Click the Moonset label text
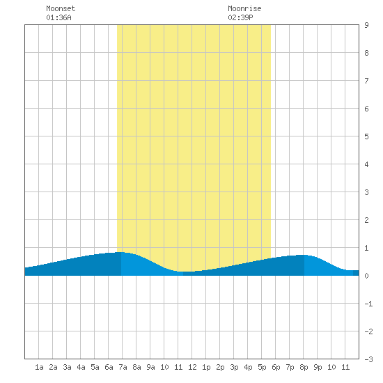click(x=61, y=8)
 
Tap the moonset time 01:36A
click(x=58, y=17)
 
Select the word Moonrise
click(x=244, y=8)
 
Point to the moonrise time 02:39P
click(x=240, y=17)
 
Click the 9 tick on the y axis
click(x=366, y=25)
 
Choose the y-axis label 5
click(x=366, y=136)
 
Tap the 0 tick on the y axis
click(x=366, y=276)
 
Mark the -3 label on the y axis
click(x=368, y=359)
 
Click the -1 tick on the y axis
click(x=368, y=304)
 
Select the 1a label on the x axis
click(x=39, y=367)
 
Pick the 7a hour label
click(x=123, y=367)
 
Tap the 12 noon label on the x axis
click(x=192, y=367)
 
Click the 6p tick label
click(x=276, y=367)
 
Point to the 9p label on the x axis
click(x=318, y=367)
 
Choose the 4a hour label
click(x=81, y=367)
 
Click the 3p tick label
click(x=234, y=367)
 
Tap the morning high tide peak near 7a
click(x=120, y=252)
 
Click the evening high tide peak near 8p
click(x=303, y=256)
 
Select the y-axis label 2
click(x=366, y=220)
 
